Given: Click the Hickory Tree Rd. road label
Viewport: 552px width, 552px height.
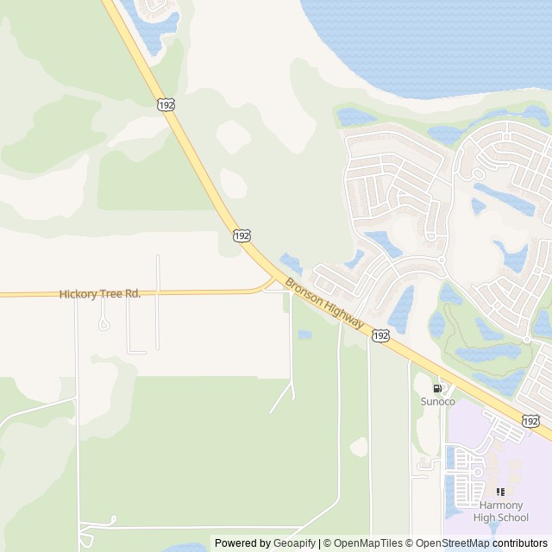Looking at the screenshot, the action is click(x=100, y=294).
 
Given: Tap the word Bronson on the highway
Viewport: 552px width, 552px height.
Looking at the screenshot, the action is click(x=304, y=292).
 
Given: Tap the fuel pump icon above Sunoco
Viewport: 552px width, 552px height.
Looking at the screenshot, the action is click(x=436, y=389).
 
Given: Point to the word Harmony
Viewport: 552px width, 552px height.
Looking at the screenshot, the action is click(x=500, y=505).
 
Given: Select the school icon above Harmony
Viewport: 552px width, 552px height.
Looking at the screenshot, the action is click(x=500, y=492).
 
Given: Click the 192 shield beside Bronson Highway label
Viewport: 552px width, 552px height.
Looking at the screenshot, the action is click(x=380, y=335).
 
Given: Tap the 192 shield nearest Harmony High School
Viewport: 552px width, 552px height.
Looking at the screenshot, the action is click(x=530, y=421).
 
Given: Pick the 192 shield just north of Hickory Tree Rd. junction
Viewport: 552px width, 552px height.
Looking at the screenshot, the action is click(x=242, y=235).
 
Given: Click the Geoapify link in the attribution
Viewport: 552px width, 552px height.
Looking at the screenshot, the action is click(x=294, y=543).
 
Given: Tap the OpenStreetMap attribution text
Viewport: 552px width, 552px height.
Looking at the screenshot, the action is click(x=450, y=543).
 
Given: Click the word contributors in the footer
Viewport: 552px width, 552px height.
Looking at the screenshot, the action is click(x=520, y=543).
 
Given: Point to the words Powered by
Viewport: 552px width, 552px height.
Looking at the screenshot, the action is click(x=242, y=543).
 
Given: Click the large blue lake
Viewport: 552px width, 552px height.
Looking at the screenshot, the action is click(x=431, y=39).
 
